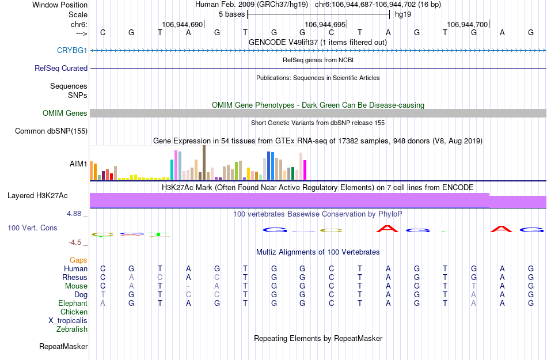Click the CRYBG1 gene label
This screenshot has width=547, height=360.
pyautogui.click(x=72, y=51)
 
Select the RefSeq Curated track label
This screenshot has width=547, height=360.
pyautogui.click(x=61, y=68)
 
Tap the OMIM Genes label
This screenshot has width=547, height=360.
pyautogui.click(x=65, y=113)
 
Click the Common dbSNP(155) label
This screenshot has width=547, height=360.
pyautogui.click(x=51, y=131)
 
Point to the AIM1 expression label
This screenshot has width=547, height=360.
pyautogui.click(x=78, y=164)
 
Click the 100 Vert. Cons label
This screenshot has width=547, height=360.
pyautogui.click(x=32, y=228)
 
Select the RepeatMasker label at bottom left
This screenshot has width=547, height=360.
pyautogui.click(x=63, y=347)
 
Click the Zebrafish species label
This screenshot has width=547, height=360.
pyautogui.click(x=72, y=329)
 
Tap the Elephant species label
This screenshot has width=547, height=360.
pyautogui.click(x=73, y=304)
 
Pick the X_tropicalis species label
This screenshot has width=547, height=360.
pyautogui.click(x=68, y=321)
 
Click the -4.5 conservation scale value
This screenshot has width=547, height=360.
pyautogui.click(x=76, y=242)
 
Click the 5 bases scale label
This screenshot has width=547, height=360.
pyautogui.click(x=232, y=14)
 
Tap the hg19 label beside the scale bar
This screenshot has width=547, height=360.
pyautogui.click(x=403, y=14)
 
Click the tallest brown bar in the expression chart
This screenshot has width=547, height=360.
pyautogui.click(x=204, y=162)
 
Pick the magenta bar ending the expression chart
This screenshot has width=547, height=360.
pyautogui.click(x=305, y=170)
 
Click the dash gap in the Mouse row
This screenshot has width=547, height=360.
pyautogui.click(x=188, y=286)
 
